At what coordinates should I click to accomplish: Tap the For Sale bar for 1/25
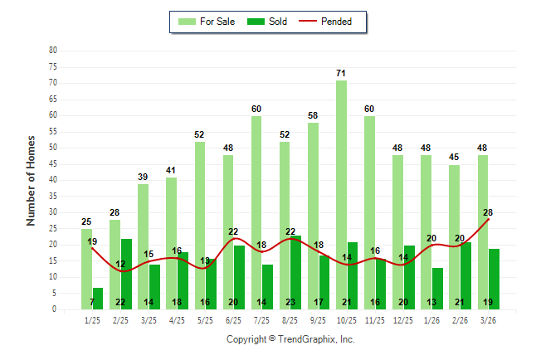86,269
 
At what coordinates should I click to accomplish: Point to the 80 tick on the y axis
53,50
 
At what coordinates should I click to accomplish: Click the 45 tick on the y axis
53,163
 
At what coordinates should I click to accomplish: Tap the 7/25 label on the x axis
262,319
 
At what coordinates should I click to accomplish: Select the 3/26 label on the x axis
488,319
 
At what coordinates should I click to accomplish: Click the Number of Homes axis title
31,180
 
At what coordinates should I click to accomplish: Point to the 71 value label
341,74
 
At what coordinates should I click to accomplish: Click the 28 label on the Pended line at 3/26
488,212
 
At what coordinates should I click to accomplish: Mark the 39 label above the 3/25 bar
143,178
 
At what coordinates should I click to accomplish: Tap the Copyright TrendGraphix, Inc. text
290,339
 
